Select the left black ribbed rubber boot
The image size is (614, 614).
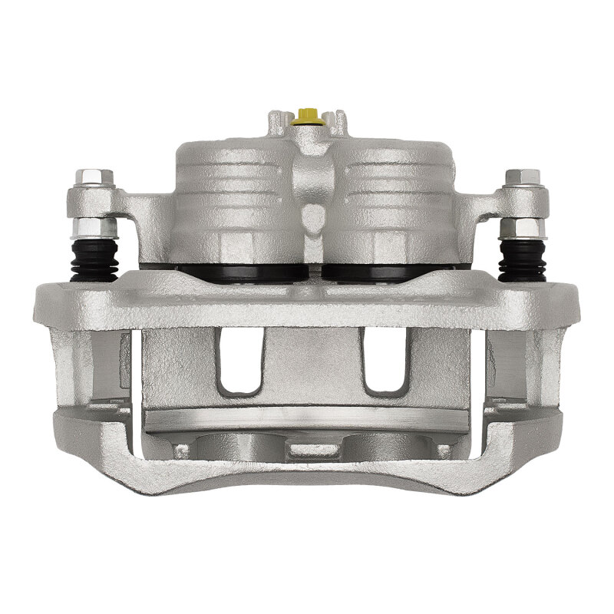click(x=94, y=258)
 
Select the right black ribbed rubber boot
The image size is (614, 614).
click(x=522, y=258)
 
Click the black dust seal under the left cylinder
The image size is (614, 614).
click(x=238, y=271)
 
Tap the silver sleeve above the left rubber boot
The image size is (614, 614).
click(x=94, y=227)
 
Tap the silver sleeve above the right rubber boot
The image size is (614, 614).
click(x=522, y=227)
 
